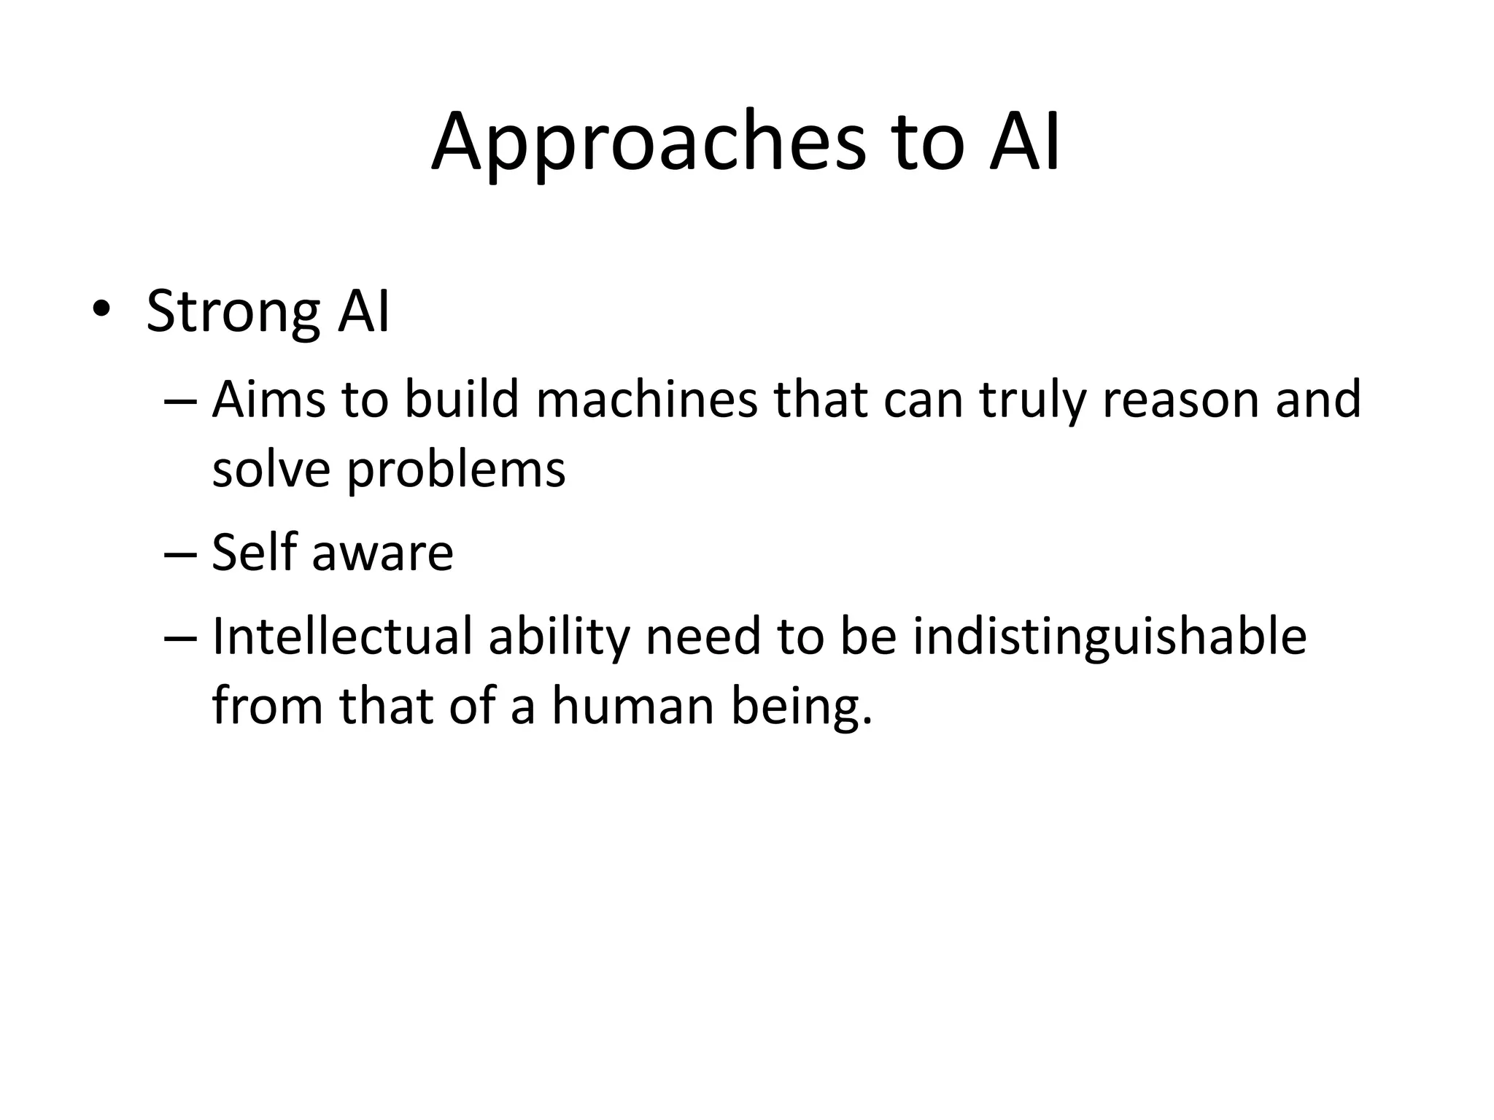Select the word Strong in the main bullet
[233, 313]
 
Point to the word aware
[382, 552]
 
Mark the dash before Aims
[181, 402]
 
